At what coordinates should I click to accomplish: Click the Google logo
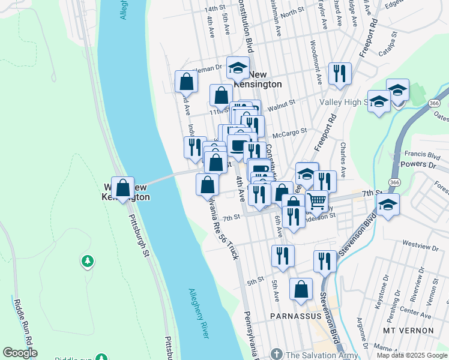tap(20, 353)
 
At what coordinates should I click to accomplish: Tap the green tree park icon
tap(88, 261)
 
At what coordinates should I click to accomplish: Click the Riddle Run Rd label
tap(19, 320)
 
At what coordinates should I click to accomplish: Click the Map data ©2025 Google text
tap(412, 355)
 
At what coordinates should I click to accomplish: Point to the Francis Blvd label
tap(418, 153)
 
